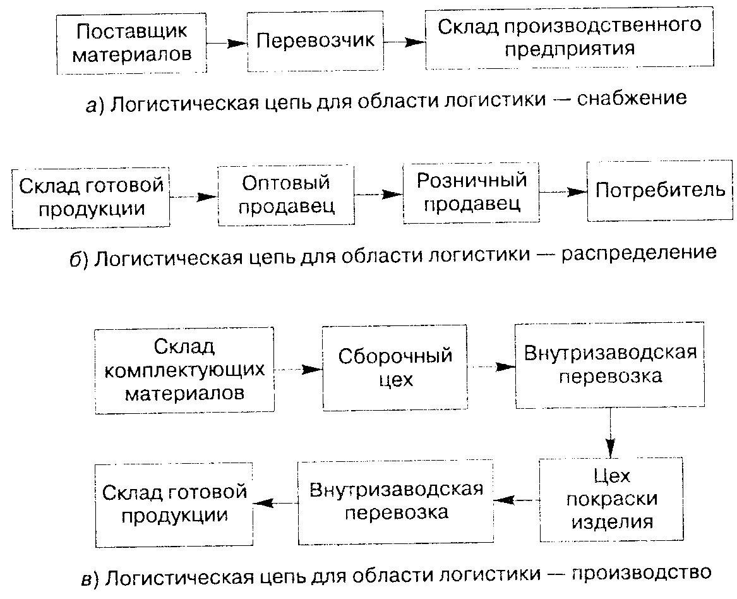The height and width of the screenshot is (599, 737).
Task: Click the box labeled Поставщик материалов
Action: [131, 44]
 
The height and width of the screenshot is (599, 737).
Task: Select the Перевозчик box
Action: [315, 41]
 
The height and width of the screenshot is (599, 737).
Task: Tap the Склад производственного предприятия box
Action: [569, 38]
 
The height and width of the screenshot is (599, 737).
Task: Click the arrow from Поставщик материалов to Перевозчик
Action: [227, 43]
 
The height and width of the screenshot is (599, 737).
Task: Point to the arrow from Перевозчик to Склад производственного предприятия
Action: [404, 42]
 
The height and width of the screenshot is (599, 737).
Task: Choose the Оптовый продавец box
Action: [286, 195]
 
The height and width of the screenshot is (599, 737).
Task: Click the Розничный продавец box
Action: [471, 192]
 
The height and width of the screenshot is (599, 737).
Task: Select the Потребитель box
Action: [659, 190]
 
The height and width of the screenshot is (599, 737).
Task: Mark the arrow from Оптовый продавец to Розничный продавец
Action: [378, 194]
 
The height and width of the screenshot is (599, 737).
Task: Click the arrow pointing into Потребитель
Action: [563, 191]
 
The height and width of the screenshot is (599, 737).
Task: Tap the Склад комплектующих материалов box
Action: [184, 370]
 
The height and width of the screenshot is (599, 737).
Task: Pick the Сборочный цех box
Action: [395, 368]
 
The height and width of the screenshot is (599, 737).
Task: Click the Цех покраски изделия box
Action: [611, 499]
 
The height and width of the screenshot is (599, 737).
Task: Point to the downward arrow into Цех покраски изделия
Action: [610, 432]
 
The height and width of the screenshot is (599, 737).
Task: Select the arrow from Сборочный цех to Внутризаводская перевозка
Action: [491, 366]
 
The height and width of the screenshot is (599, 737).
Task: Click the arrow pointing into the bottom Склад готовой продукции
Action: [275, 502]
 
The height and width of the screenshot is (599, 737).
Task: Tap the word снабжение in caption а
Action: [632, 99]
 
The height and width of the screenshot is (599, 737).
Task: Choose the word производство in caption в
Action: [640, 574]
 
